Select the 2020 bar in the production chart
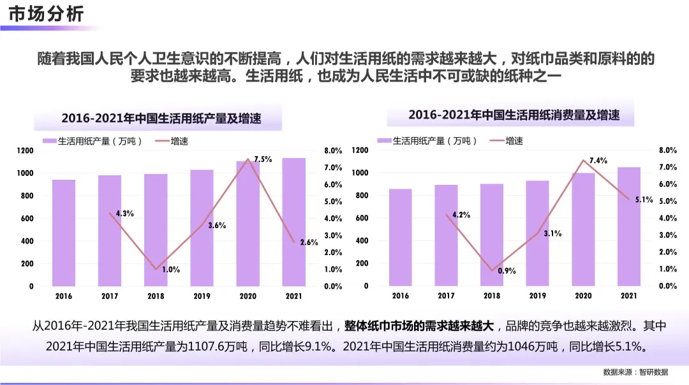click(248, 223)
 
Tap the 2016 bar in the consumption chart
click(400, 237)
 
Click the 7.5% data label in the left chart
click(263, 159)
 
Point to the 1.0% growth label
click(170, 270)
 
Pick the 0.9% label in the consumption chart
click(506, 271)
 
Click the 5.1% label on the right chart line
click(644, 200)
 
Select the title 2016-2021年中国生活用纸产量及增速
click(161, 119)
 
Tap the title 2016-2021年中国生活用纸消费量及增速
click(514, 115)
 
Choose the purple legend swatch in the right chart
click(383, 141)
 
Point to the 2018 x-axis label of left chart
click(155, 296)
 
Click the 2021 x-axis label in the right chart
click(628, 296)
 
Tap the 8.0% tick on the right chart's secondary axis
click(667, 150)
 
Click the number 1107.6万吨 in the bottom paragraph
click(208, 347)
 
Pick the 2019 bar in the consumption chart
click(537, 233)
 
